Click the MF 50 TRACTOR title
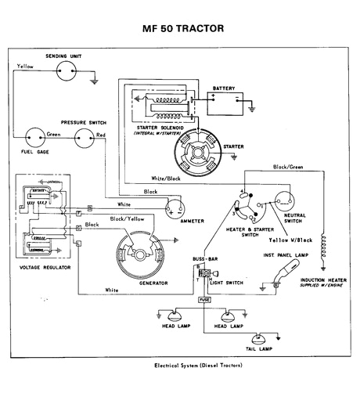click(183, 29)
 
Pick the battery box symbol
click(222, 100)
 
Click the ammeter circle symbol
click(174, 207)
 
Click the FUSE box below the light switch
click(203, 299)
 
